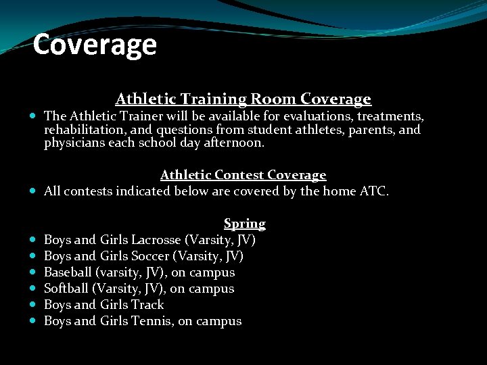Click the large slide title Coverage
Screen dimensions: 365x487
pos(95,45)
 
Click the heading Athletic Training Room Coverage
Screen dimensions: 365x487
pos(243,99)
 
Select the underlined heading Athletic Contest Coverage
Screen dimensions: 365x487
pos(243,175)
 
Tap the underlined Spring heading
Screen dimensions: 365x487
pos(244,224)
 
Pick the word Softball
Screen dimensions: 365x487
pos(66,289)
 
